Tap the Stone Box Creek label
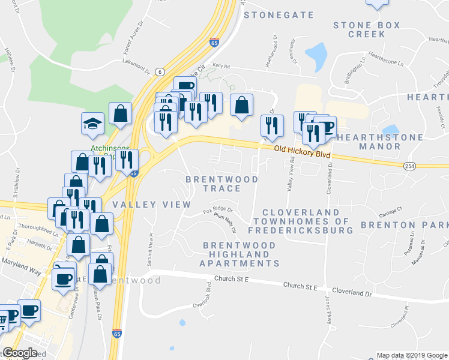359,29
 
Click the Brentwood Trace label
221,184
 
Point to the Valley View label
151,205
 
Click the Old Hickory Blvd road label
303,152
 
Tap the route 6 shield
159,71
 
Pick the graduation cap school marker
93,124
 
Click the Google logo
20,353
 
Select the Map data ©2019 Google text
411,355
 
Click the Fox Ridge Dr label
217,211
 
